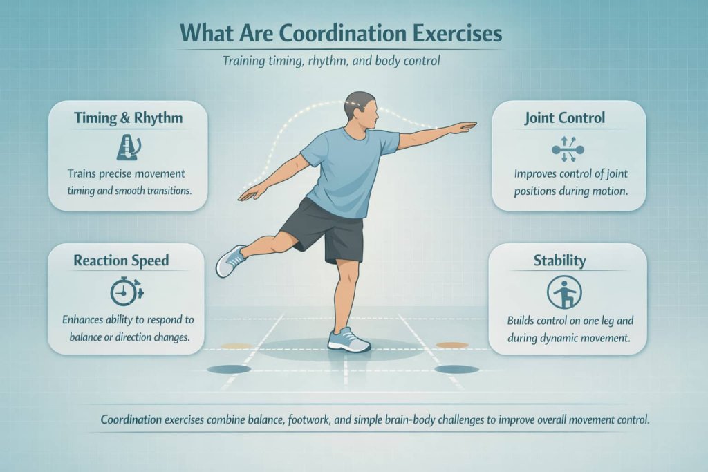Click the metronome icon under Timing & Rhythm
click(x=128, y=147)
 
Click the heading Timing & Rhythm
click(x=128, y=117)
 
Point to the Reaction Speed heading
click(x=121, y=261)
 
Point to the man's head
click(x=361, y=111)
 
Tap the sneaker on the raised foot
click(x=230, y=261)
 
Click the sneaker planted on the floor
click(x=349, y=339)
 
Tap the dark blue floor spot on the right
click(x=457, y=369)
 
